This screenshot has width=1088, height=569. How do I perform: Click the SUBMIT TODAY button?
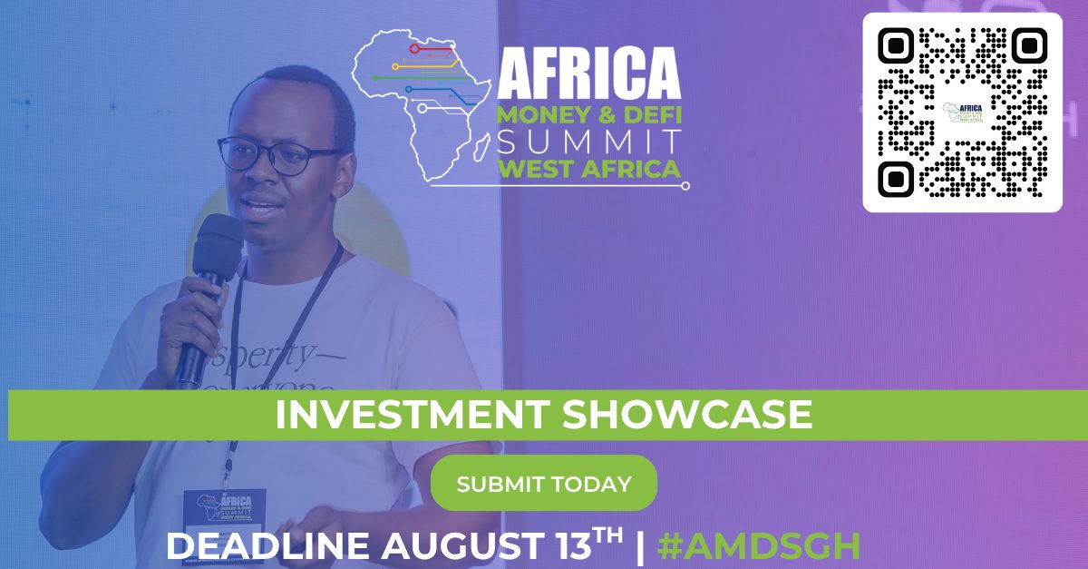(543, 484)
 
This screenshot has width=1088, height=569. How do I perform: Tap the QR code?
(962, 113)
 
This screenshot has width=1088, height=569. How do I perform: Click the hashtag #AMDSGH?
(758, 546)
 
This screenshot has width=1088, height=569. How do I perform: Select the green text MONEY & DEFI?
(589, 115)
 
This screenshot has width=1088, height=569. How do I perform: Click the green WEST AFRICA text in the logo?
(589, 169)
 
